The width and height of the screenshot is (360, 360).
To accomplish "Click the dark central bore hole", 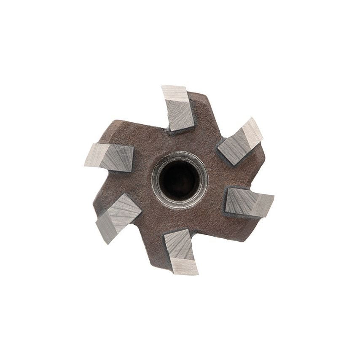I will [179, 181].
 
